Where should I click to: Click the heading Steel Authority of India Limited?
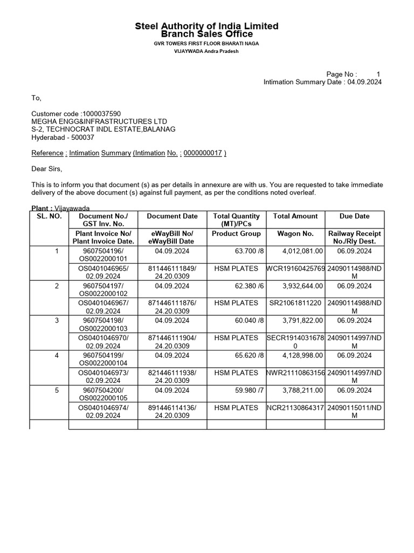[x=206, y=26]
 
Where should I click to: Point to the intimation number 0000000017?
[x=203, y=153]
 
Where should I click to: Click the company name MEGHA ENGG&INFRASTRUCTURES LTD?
[x=99, y=122]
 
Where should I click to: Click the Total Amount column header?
[x=296, y=216]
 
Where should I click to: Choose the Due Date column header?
[x=354, y=216]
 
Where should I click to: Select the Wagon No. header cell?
[x=296, y=234]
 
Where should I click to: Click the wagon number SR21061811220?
[x=296, y=303]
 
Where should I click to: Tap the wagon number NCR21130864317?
[x=296, y=408]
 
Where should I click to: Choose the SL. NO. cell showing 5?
[x=57, y=390]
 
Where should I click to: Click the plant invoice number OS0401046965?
[x=103, y=268]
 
